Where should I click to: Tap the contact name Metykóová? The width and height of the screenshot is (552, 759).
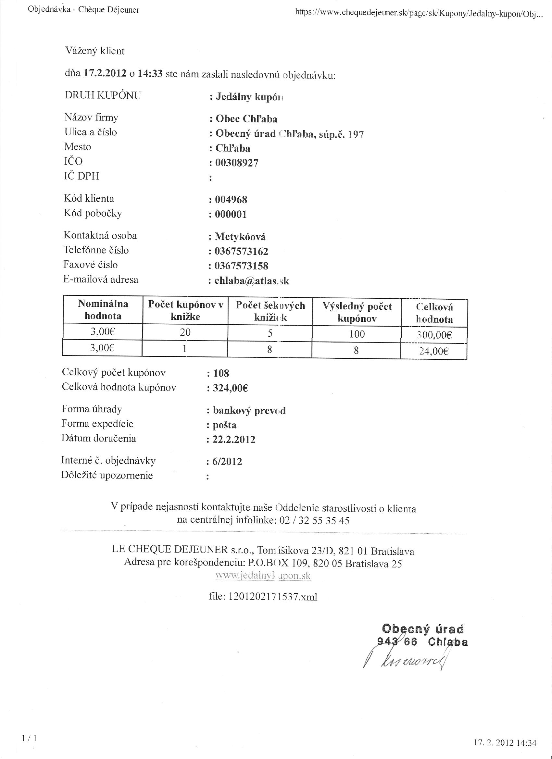(x=240, y=237)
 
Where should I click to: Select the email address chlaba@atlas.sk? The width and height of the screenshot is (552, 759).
(x=251, y=281)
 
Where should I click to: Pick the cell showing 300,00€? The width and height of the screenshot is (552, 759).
(x=434, y=335)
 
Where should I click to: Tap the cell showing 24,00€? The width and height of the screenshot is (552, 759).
(x=434, y=351)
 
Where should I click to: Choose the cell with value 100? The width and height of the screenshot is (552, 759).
(x=357, y=334)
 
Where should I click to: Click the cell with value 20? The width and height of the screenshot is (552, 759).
(x=185, y=332)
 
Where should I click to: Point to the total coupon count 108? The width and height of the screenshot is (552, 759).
(x=221, y=373)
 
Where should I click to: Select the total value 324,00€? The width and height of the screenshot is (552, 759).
(x=230, y=388)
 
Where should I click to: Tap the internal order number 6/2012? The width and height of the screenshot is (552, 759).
(x=227, y=462)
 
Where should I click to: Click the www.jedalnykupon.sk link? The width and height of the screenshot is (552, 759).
(x=263, y=576)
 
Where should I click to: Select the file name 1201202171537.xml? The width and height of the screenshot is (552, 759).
(x=263, y=597)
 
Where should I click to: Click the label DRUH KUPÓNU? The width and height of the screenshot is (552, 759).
(x=103, y=95)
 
